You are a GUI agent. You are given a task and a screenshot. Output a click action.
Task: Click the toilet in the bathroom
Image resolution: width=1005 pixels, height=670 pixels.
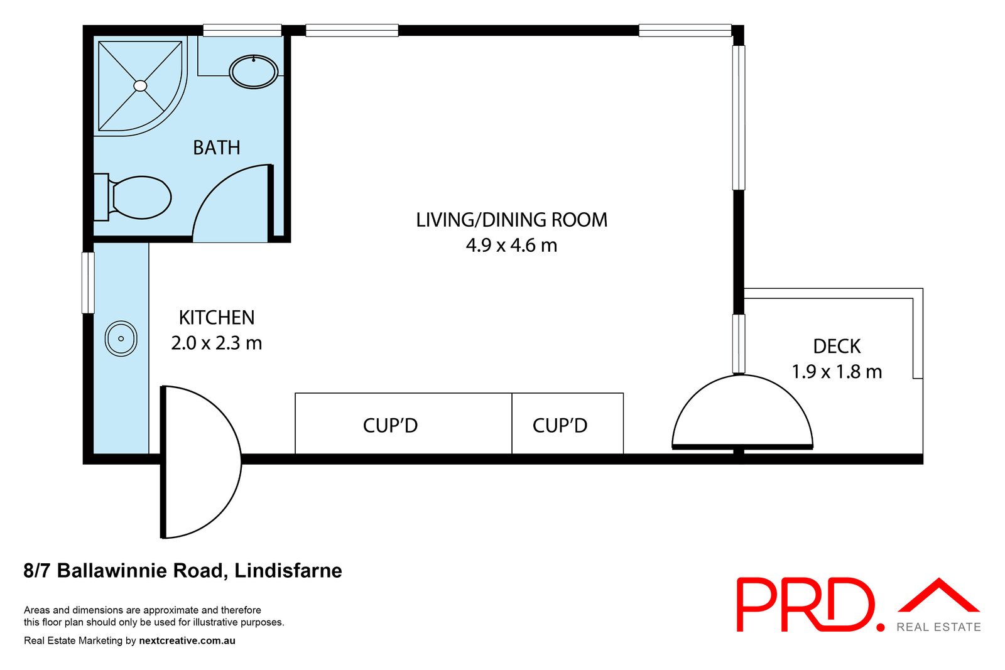(x=133, y=197)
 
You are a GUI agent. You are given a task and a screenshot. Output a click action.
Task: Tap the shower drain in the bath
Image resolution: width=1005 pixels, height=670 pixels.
(x=141, y=85)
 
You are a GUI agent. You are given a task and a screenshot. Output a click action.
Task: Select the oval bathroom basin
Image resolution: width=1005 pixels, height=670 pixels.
(x=254, y=72)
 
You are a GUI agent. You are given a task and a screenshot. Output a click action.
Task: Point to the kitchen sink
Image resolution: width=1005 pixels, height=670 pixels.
(x=121, y=338)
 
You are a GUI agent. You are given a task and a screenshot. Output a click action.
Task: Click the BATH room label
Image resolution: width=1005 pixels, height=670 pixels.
(x=217, y=148)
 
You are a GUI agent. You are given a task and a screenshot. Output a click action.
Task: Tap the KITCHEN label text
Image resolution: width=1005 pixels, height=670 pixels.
(x=217, y=318)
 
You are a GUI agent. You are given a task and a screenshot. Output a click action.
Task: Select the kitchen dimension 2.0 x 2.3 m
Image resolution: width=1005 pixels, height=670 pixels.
(x=217, y=343)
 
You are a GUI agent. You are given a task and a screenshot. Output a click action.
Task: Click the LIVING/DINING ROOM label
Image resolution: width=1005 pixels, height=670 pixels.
(x=511, y=220)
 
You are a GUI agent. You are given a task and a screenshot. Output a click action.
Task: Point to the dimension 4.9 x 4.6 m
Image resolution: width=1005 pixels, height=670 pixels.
(x=511, y=246)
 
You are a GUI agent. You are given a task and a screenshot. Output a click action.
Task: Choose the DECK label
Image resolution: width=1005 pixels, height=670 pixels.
(x=837, y=346)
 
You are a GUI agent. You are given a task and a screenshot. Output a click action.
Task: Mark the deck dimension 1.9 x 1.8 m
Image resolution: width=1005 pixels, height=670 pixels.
(x=837, y=372)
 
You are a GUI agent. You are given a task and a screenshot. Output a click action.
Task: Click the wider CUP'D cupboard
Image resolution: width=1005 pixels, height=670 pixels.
(x=403, y=423)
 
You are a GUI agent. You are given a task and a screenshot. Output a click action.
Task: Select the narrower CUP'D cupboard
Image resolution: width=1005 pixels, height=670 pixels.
(x=568, y=423)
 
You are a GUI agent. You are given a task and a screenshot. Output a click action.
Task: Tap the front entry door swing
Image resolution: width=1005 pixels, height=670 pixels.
(x=201, y=462)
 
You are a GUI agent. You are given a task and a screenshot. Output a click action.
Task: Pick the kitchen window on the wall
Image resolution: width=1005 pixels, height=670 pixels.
(x=88, y=283)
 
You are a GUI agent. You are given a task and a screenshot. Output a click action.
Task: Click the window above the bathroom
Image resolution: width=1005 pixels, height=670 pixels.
(x=242, y=31)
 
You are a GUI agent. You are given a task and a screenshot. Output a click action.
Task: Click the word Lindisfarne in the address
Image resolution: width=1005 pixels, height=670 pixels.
(x=288, y=571)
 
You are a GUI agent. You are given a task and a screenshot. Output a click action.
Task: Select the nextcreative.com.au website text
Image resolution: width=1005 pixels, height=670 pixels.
(x=187, y=640)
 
